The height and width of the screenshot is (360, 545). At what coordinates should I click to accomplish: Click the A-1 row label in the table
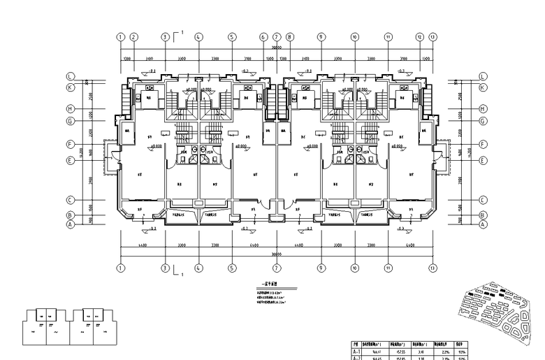[x=356, y=352]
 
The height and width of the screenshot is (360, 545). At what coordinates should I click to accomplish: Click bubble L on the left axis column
[x=70, y=76]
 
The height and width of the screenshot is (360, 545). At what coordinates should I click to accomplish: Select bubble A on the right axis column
[x=483, y=225]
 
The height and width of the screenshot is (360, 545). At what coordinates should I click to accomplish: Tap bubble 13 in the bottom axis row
[x=433, y=268]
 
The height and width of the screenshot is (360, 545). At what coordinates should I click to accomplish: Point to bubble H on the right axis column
[x=483, y=109]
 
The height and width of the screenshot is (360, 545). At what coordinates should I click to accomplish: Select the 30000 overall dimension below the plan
[x=277, y=254]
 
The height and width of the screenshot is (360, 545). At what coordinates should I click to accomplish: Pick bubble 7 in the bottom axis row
[x=277, y=268]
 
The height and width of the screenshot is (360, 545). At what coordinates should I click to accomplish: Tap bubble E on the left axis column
[x=70, y=160]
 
